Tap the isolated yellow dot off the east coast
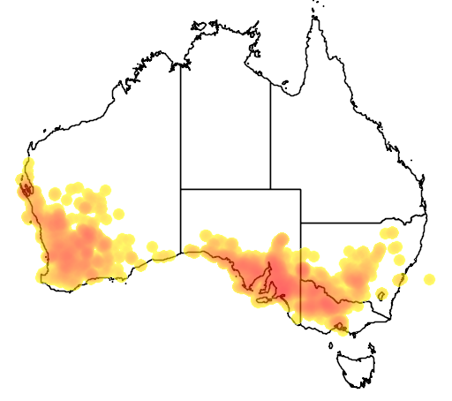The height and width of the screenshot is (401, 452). tap(429, 279)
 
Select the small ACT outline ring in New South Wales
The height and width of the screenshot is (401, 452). tap(381, 294)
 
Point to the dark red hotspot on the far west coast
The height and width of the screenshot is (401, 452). tap(23, 185)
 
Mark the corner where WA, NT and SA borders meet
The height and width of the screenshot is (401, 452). tap(181, 188)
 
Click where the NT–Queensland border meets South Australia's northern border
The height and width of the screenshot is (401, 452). tap(270, 188)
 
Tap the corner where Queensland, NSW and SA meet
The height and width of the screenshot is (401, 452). tap(301, 223)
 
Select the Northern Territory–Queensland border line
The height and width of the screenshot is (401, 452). tap(270, 132)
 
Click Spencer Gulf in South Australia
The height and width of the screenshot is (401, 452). tap(269, 281)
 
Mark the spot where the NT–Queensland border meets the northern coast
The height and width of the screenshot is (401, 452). tap(270, 79)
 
